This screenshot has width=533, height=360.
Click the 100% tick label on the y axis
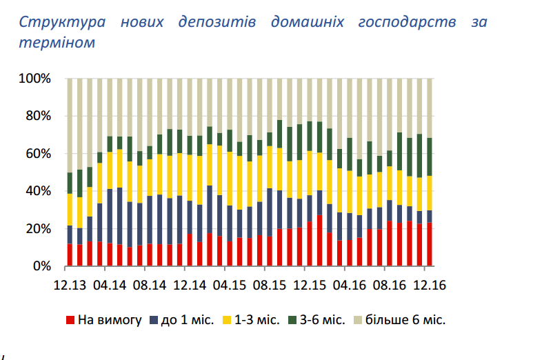pyautogui.click(x=36, y=79)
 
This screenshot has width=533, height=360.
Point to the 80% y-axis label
pyautogui.click(x=39, y=116)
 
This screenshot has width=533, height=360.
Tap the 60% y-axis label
pyautogui.click(x=39, y=153)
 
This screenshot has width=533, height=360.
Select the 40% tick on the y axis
pyautogui.click(x=39, y=191)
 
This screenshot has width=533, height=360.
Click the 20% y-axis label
pyautogui.click(x=39, y=228)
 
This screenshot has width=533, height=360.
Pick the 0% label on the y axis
pyautogui.click(x=41, y=266)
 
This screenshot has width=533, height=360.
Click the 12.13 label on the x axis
pyautogui.click(x=70, y=284)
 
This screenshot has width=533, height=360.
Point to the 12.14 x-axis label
pyautogui.click(x=190, y=284)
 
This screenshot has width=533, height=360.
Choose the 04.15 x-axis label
pyautogui.click(x=230, y=284)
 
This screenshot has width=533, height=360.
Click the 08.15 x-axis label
pyautogui.click(x=270, y=284)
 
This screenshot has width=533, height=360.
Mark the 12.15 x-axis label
pyautogui.click(x=310, y=284)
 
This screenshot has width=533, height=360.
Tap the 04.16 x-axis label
pyautogui.click(x=350, y=284)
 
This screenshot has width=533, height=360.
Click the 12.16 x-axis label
pyautogui.click(x=430, y=284)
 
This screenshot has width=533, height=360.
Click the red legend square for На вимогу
pyautogui.click(x=70, y=320)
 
